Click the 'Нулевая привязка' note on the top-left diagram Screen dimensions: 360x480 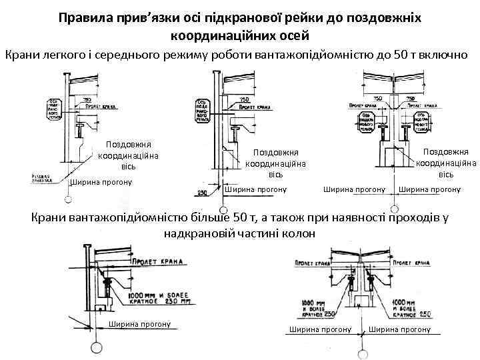pos(45,178)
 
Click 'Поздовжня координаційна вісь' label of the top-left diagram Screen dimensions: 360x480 pos(129,155)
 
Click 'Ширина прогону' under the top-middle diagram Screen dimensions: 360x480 pos(255,189)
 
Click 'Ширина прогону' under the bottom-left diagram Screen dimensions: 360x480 pos(139,324)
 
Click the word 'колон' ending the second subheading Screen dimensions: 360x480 pos(291,235)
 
